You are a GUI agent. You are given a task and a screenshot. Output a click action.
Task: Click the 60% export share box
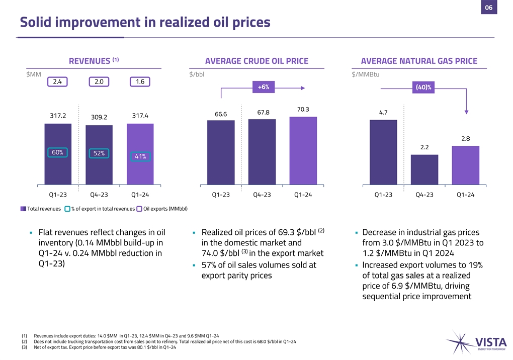tap(58, 152)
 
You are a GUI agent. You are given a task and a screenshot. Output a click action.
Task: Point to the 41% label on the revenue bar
tap(140, 156)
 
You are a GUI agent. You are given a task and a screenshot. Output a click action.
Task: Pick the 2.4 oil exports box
tap(58, 81)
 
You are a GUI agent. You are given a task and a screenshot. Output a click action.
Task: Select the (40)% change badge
tap(425, 87)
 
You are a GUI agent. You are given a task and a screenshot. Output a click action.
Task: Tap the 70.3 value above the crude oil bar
tap(303, 109)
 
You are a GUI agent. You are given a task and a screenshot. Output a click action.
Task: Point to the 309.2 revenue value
tap(99, 117)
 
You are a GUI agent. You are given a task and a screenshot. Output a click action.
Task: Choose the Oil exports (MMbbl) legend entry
tap(162, 209)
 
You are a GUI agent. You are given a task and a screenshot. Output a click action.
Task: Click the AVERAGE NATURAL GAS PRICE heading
tap(419, 61)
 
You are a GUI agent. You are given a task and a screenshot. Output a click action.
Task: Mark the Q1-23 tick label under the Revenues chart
tap(57, 195)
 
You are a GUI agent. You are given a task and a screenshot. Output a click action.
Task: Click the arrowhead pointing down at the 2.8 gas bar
tap(466, 113)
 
